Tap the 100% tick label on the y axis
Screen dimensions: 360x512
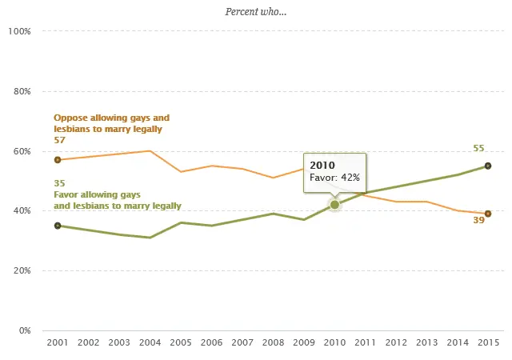(x=18, y=31)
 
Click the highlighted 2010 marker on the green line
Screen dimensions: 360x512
(x=334, y=205)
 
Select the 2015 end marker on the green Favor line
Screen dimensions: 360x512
(x=488, y=166)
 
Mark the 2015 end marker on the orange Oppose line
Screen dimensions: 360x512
(x=488, y=214)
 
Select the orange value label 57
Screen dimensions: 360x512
(x=60, y=140)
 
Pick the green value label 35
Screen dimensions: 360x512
(x=60, y=183)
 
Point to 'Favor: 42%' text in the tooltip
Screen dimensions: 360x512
(x=334, y=177)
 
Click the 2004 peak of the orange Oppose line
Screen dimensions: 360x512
(x=149, y=151)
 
